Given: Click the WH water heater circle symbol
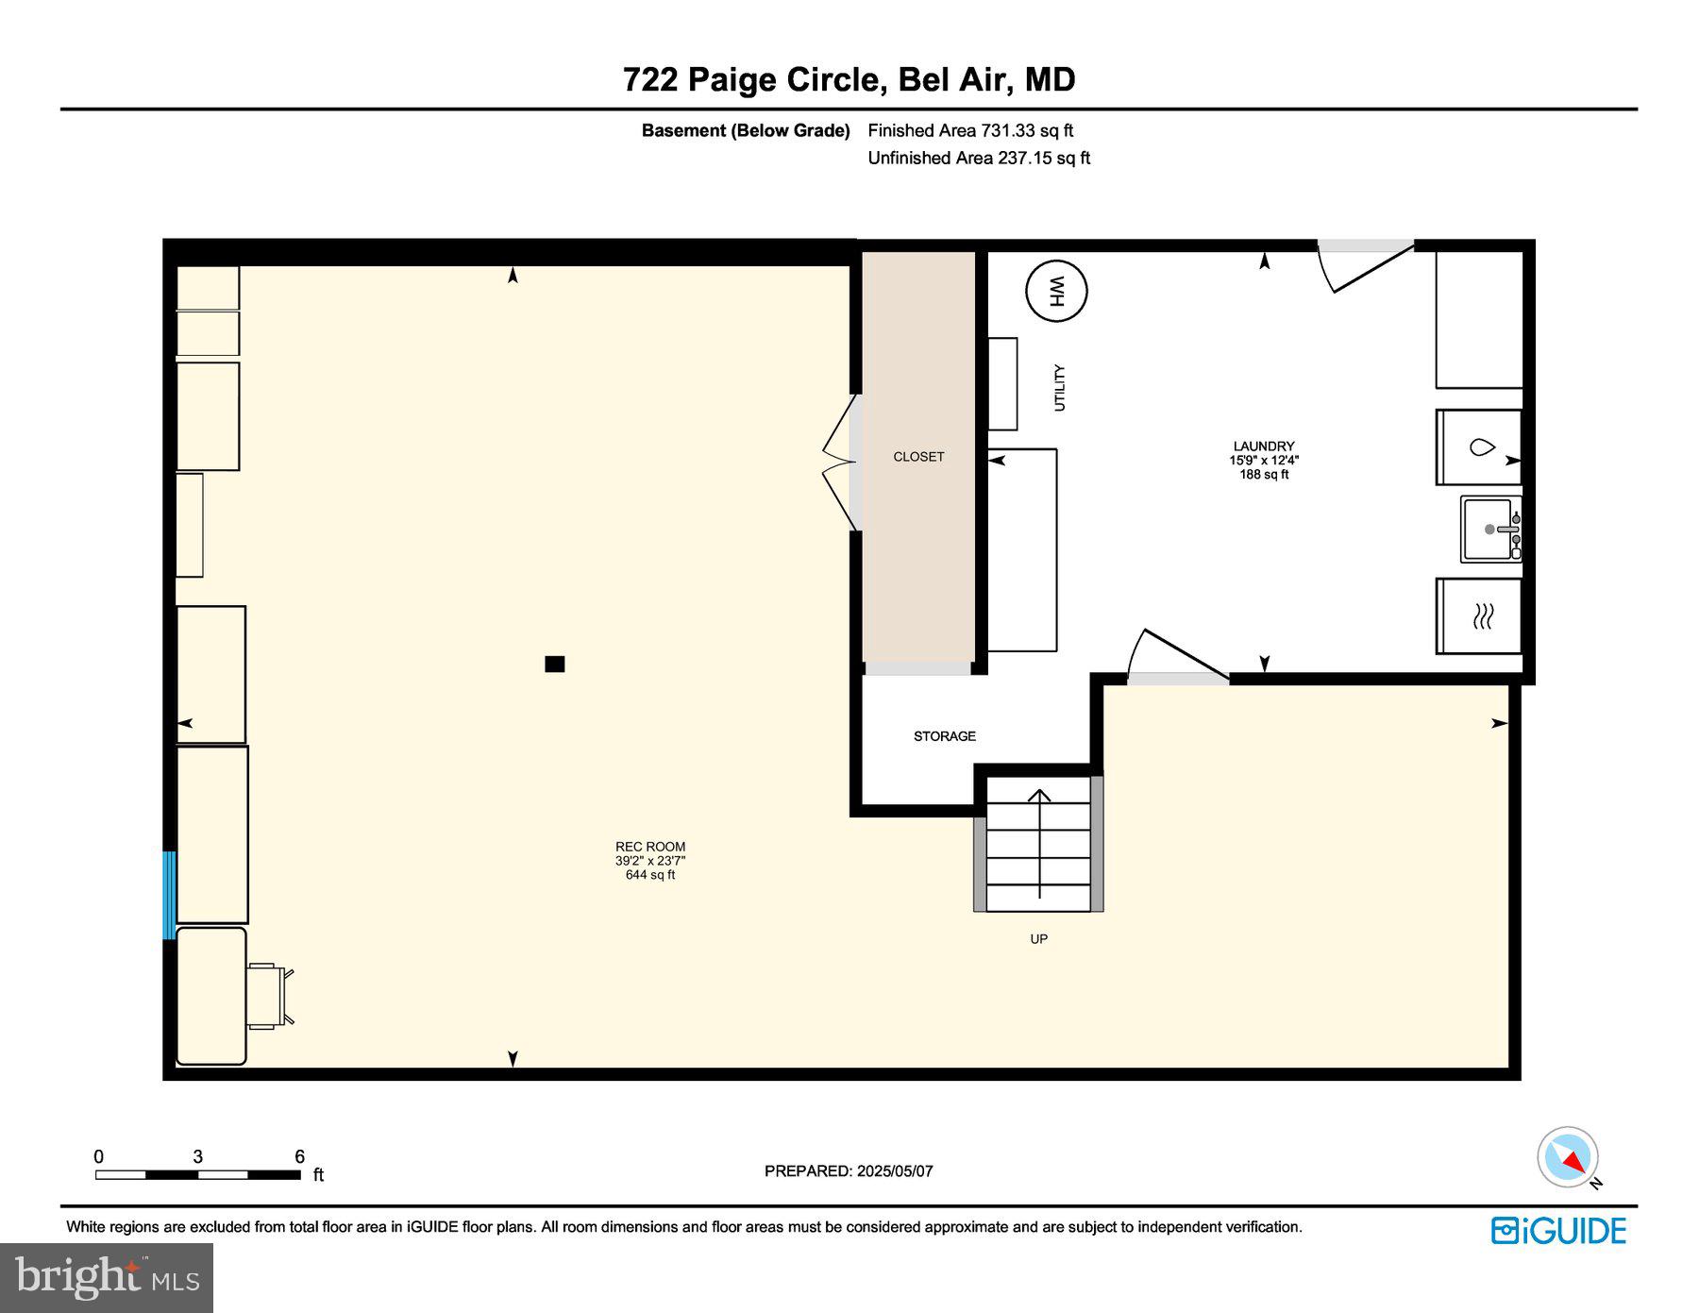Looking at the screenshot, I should [1056, 291].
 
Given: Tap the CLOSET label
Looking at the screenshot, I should [918, 457].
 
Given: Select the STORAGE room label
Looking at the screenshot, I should [944, 736].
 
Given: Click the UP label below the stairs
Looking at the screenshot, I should [1038, 939].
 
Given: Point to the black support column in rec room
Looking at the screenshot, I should [555, 664].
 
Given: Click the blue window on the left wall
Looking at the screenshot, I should [170, 895].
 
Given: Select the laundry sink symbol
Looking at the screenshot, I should [1490, 530].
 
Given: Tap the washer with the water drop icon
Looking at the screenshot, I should [1479, 447].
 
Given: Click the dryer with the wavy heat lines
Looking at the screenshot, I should [1479, 616].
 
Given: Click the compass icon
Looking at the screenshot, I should [1568, 1157].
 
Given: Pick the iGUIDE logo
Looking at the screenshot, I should [1558, 1231].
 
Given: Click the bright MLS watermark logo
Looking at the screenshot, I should [107, 1278].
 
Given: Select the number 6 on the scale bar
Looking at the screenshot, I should [299, 1156].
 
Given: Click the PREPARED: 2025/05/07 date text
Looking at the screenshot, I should [849, 1171].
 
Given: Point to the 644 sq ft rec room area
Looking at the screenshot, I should [650, 875].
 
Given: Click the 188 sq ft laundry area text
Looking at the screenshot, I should [1264, 475].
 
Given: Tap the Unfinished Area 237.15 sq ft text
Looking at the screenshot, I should [979, 159].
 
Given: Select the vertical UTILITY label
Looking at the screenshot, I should [1059, 388].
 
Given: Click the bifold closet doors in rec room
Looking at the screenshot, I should [839, 463].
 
